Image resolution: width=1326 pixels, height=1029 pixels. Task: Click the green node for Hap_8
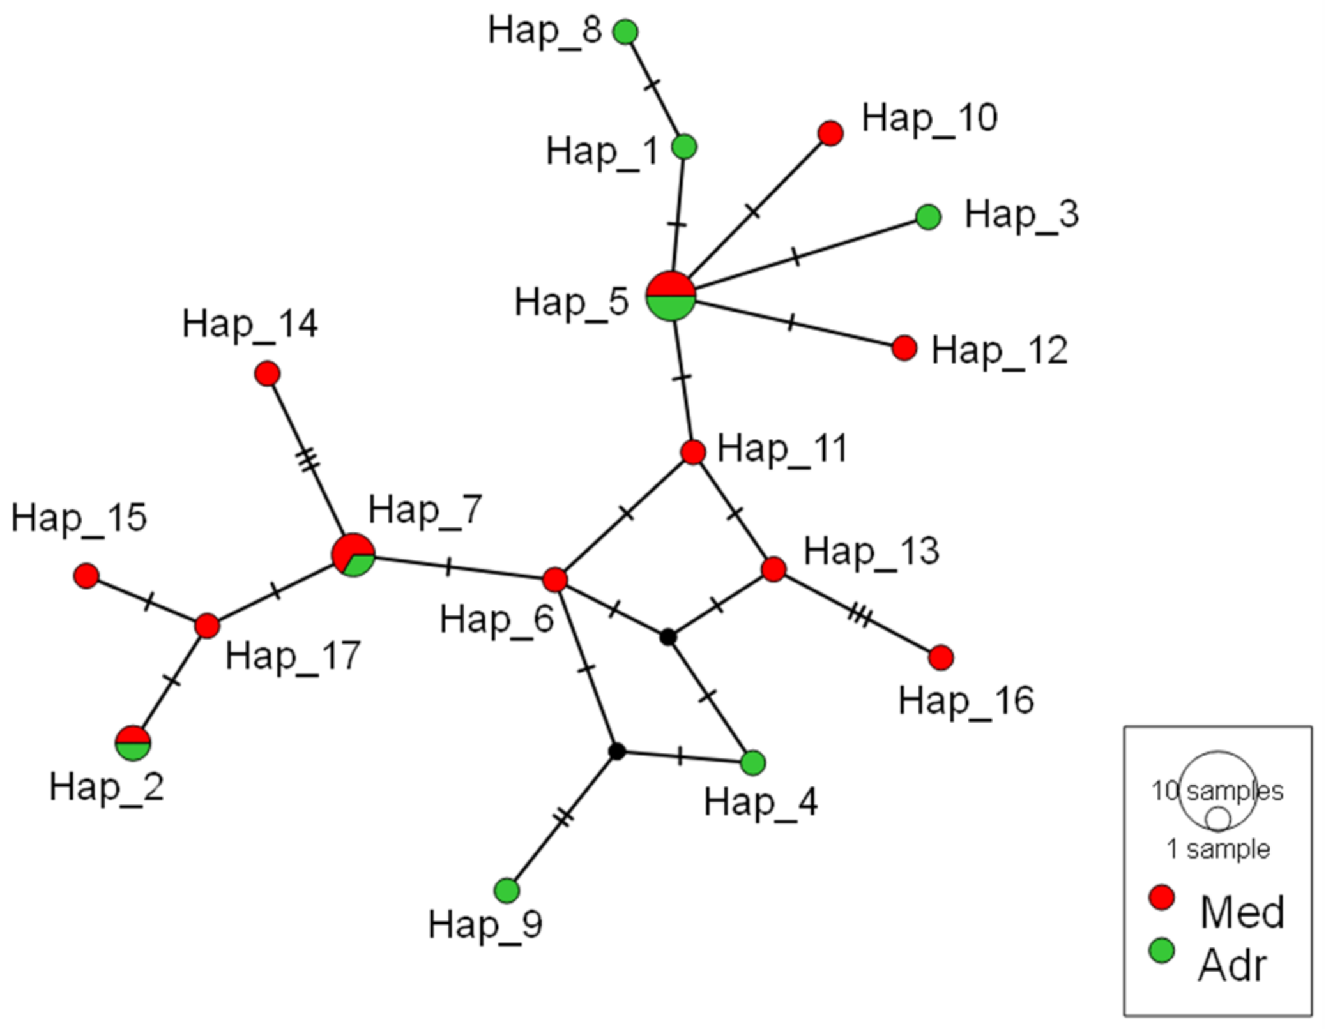625,31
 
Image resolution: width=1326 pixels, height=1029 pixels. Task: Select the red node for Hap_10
830,133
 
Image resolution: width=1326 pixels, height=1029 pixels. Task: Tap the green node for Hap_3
928,217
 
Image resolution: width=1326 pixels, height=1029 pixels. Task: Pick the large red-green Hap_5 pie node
671,296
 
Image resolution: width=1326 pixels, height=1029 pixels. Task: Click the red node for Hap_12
904,348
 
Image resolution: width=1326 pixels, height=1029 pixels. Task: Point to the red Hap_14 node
267,373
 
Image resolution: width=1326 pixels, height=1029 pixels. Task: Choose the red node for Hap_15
86,576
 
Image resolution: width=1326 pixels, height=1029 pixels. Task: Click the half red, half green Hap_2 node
133,743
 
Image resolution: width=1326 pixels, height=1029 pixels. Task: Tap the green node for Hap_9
507,890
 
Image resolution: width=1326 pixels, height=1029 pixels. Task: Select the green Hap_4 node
753,762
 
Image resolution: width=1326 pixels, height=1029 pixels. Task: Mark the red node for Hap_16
941,657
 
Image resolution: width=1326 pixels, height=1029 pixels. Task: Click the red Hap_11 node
693,452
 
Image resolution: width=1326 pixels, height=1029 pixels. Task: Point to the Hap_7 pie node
353,555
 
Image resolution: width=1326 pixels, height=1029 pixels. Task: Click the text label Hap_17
293,656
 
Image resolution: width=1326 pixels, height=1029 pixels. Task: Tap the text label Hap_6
496,619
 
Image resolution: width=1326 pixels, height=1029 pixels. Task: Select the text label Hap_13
871,551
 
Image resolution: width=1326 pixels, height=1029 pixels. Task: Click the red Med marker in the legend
1161,897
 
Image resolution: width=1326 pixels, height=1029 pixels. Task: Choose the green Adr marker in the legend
1161,950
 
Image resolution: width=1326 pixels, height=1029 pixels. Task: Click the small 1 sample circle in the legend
1217,819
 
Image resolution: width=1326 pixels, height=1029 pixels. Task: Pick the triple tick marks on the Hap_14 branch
309,460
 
